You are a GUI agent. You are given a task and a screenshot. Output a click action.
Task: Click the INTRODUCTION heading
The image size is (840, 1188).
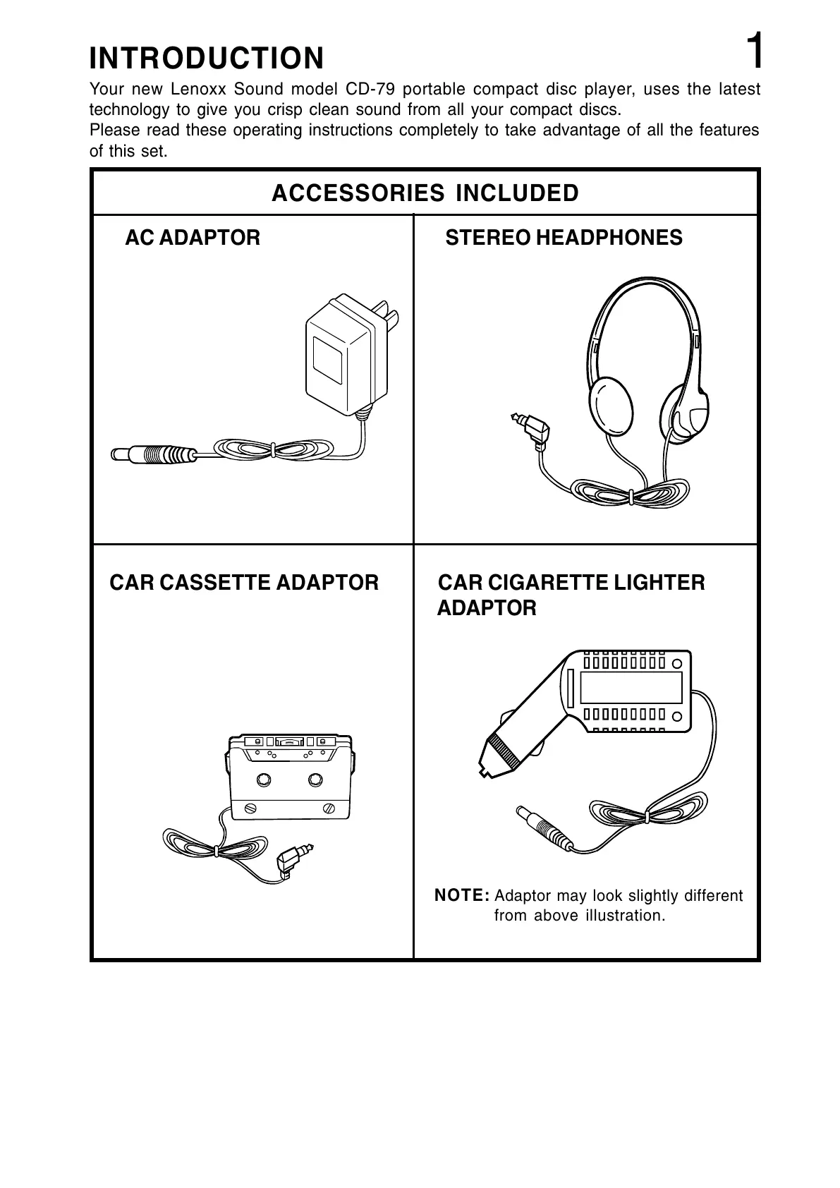(207, 59)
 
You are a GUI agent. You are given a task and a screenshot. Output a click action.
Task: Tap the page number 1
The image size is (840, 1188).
(754, 51)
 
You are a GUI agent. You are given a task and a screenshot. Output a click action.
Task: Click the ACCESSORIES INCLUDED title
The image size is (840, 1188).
(425, 193)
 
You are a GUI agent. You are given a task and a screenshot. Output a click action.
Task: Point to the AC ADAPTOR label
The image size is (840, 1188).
(193, 238)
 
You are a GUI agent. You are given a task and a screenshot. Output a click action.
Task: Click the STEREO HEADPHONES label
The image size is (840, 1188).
(564, 238)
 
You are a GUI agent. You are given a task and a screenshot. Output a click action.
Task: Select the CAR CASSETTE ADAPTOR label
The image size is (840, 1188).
(244, 583)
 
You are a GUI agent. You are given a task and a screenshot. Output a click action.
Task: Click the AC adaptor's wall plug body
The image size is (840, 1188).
(339, 353)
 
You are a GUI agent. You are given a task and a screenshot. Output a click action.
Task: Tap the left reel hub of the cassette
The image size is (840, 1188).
(264, 780)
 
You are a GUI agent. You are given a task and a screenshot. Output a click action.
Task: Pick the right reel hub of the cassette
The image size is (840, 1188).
(315, 780)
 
